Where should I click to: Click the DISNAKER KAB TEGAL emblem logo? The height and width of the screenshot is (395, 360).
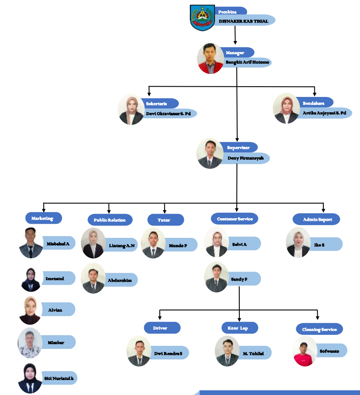tap(203, 18)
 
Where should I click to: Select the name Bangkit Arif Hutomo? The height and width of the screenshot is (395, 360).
tap(247, 62)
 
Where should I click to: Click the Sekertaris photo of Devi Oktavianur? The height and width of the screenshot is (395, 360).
tap(131, 110)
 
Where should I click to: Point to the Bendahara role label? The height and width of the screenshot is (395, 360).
tap(314, 103)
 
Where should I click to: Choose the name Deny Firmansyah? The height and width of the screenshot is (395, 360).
tap(246, 158)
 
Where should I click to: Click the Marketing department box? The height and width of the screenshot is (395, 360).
tap(43, 218)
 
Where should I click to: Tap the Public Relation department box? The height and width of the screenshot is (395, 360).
tap(110, 220)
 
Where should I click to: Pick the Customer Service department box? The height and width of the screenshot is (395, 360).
tap(235, 219)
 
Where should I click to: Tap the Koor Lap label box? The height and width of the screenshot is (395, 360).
tap(240, 328)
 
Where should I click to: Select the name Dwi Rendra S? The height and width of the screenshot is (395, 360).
tap(168, 353)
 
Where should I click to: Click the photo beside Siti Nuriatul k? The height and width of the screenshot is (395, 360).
tap(30, 378)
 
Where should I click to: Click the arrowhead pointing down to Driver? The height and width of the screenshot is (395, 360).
tap(160, 317)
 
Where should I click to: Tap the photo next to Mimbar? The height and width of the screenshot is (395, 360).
tap(30, 342)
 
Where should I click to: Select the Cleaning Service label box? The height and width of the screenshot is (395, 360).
tap(319, 329)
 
